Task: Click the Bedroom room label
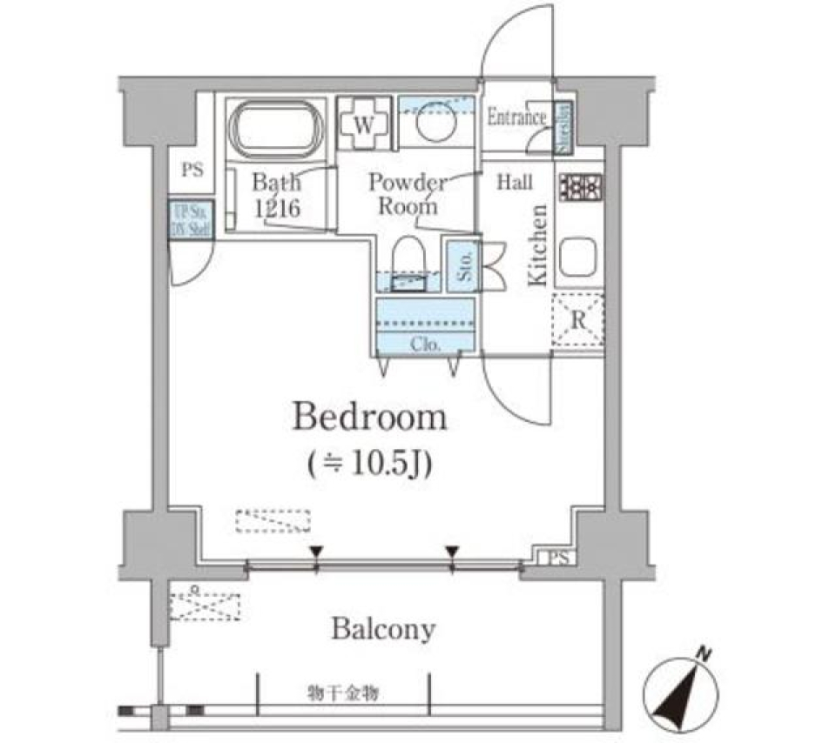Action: click(369, 418)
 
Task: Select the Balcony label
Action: click(383, 629)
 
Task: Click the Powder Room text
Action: click(407, 194)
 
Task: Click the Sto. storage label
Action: click(460, 266)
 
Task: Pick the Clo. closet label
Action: click(425, 345)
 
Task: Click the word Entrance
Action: click(516, 117)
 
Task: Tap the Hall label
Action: click(515, 183)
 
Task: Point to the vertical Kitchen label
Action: click(538, 244)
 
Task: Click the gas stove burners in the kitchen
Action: click(581, 186)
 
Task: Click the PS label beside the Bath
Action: click(192, 170)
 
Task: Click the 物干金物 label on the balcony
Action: click(341, 693)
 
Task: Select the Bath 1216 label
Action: click(277, 195)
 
